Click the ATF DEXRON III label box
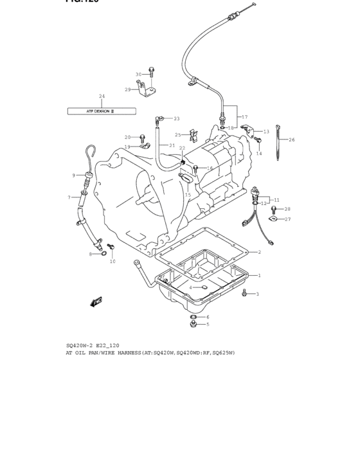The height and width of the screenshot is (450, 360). point(101,111)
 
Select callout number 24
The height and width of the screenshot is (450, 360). point(101,96)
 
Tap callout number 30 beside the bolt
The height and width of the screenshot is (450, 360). point(138,75)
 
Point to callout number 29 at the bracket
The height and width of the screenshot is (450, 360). point(128,89)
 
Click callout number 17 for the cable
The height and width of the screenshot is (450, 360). point(245,117)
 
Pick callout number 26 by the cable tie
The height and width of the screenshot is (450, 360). point(291,140)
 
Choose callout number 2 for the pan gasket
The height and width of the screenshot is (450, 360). point(259,252)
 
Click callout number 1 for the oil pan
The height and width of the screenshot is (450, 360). point(259,275)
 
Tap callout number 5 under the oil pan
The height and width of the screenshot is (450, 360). point(207,324)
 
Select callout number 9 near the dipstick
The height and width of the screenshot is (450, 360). point(75,175)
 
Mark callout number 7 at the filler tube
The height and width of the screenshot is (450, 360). point(69,197)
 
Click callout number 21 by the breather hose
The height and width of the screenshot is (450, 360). point(172,145)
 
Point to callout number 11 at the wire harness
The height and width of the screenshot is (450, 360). point(277,199)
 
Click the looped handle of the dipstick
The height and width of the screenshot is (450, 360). point(91,153)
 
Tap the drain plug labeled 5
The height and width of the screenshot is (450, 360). point(193,324)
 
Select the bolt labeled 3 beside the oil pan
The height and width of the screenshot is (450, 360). point(244,294)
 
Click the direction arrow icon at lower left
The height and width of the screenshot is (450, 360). point(96,300)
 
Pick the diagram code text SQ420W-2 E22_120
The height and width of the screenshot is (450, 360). point(93,345)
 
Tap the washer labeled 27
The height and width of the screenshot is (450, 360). point(273,221)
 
